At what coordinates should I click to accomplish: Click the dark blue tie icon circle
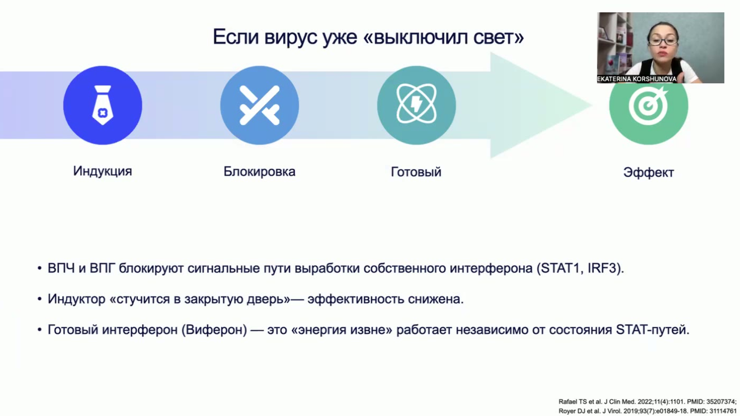click(103, 105)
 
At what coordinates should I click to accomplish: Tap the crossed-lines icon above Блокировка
click(259, 105)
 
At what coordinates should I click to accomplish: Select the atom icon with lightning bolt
click(416, 105)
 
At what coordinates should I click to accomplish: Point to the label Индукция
click(103, 171)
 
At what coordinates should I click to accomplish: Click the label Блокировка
click(259, 171)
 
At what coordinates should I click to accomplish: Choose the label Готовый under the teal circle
click(416, 172)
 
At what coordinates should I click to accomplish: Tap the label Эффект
click(649, 172)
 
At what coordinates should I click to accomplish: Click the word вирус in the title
click(291, 37)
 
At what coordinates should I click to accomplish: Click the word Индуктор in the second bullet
click(76, 299)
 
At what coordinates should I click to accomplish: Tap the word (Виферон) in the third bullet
click(214, 330)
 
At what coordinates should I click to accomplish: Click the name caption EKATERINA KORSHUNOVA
click(637, 79)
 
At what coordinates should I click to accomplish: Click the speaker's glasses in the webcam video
click(662, 40)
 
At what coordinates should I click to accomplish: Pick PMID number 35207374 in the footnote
click(721, 402)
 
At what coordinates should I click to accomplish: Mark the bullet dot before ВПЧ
click(39, 268)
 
